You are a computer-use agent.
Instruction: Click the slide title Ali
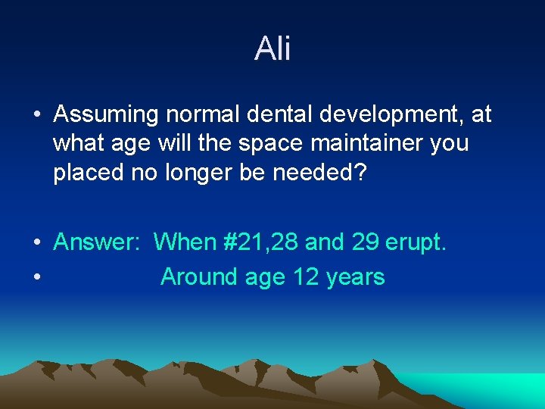(x=272, y=49)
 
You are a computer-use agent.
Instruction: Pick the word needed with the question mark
(x=321, y=172)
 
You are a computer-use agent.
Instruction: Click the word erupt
(x=416, y=243)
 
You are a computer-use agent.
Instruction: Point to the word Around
(x=198, y=277)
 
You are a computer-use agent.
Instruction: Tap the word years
(x=356, y=278)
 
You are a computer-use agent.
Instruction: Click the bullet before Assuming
(x=36, y=116)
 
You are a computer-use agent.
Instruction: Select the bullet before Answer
(x=36, y=243)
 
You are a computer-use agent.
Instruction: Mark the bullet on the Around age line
(x=36, y=278)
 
